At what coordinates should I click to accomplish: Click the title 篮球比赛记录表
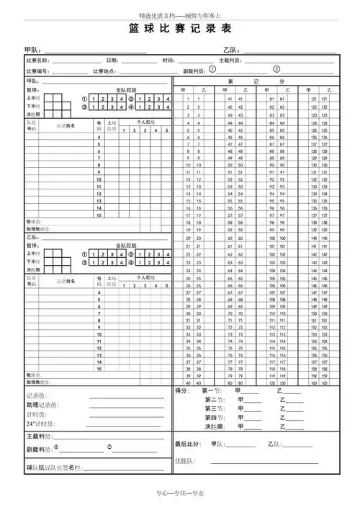pyautogui.click(x=181, y=30)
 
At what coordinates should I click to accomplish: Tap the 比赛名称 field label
pyautogui.click(x=37, y=61)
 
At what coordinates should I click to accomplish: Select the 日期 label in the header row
pyautogui.click(x=112, y=61)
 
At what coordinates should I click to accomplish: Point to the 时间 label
pyautogui.click(x=168, y=61)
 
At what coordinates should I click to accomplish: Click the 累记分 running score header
pyautogui.click(x=256, y=81)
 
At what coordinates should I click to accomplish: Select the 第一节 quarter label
pyautogui.click(x=214, y=390)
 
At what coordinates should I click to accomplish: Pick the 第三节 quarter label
pyautogui.click(x=214, y=408)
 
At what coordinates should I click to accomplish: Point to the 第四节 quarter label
pyautogui.click(x=214, y=417)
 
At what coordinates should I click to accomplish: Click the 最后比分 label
pyautogui.click(x=186, y=444)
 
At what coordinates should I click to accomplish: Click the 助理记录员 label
pyautogui.click(x=43, y=405)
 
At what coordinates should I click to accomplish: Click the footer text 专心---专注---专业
pyautogui.click(x=181, y=493)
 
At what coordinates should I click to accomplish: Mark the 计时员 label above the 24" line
pyautogui.click(x=37, y=414)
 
